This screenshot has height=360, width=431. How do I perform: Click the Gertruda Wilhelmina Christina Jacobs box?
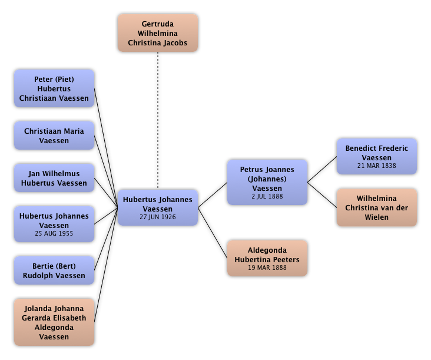pyautogui.click(x=158, y=34)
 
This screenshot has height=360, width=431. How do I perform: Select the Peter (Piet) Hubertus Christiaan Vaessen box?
pyautogui.click(x=54, y=89)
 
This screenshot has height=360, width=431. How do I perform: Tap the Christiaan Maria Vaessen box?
pyautogui.click(x=54, y=136)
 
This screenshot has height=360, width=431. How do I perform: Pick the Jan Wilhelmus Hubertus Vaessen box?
pyautogui.click(x=54, y=178)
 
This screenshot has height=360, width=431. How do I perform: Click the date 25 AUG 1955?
pyautogui.click(x=54, y=234)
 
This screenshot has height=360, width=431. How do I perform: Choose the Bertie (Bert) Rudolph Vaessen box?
pyautogui.click(x=54, y=271)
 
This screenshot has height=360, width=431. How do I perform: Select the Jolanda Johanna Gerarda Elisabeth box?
pyautogui.click(x=54, y=322)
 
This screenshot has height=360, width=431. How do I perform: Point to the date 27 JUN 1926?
pyautogui.click(x=158, y=217)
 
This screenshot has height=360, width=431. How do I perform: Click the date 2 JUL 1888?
pyautogui.click(x=267, y=196)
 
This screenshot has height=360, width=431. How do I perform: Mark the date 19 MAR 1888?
pyautogui.click(x=267, y=267)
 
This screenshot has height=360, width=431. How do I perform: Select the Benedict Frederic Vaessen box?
pyautogui.click(x=377, y=156)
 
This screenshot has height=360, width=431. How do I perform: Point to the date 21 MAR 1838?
pyautogui.click(x=377, y=166)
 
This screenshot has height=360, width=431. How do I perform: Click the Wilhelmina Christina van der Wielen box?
pyautogui.click(x=377, y=207)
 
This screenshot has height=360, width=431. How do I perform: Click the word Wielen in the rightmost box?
pyautogui.click(x=377, y=217)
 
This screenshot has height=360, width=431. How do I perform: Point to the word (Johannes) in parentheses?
pyautogui.click(x=267, y=179)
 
